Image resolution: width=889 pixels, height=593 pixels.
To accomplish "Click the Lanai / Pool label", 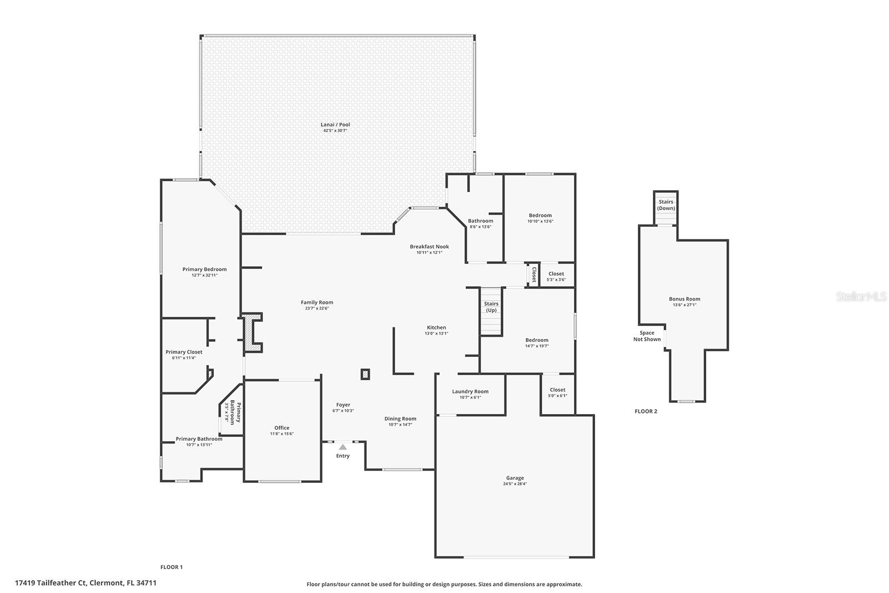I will [x=335, y=124].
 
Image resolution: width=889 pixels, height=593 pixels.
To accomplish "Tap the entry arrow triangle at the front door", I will [x=343, y=447].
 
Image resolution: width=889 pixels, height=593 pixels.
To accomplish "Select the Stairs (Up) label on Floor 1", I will [x=491, y=307].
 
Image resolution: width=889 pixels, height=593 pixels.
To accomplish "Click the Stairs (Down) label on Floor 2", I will [x=666, y=205].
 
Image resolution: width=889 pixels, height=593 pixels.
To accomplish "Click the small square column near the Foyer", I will [x=365, y=375].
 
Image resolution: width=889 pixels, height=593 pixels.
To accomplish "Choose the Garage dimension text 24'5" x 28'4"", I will [x=515, y=484].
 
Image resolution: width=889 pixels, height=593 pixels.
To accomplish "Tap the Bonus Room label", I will [x=684, y=299].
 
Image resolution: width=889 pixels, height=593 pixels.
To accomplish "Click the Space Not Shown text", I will [x=647, y=336].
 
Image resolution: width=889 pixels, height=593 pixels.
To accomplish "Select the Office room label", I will [x=282, y=428].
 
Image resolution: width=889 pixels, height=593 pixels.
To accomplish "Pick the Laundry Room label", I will [x=470, y=391].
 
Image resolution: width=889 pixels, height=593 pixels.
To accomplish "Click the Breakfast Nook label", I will [x=429, y=247].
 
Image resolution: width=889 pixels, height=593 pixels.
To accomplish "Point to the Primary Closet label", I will [x=184, y=352].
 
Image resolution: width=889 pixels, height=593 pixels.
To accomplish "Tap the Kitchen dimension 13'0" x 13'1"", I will [x=436, y=333].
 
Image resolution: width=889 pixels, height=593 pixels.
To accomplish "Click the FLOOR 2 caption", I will [x=646, y=411].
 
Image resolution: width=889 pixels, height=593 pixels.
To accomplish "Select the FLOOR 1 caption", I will [x=171, y=567].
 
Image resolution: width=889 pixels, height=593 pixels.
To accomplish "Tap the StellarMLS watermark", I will [x=861, y=297].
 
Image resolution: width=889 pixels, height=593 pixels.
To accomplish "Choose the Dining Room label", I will [x=400, y=418].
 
